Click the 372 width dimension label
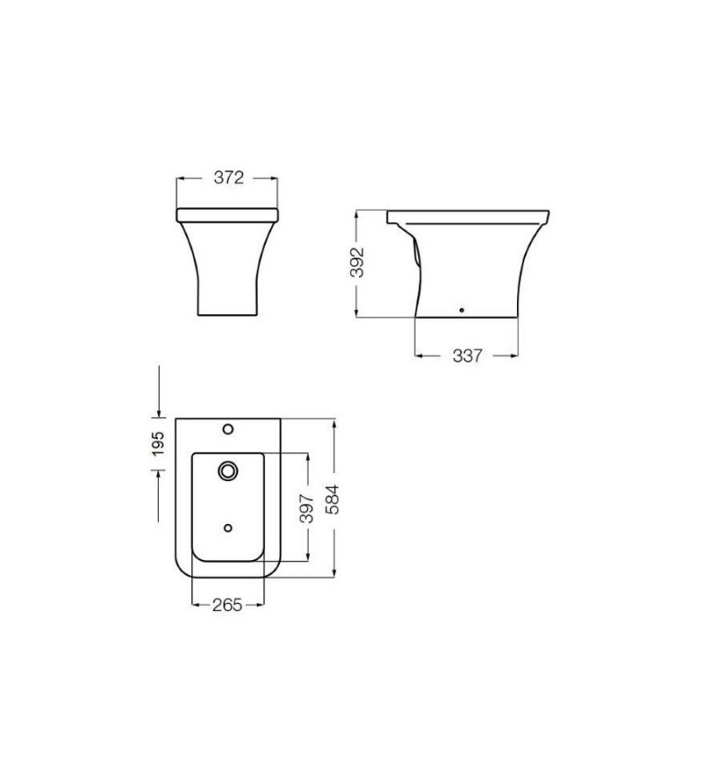pyautogui.click(x=229, y=178)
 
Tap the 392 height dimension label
pyautogui.click(x=357, y=263)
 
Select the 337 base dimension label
pyautogui.click(x=467, y=355)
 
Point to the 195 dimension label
pyautogui.click(x=158, y=444)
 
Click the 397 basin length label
pyautogui.click(x=306, y=509)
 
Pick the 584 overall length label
pyautogui.click(x=333, y=499)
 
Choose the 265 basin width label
pyautogui.click(x=227, y=605)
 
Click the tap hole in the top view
pyautogui.click(x=228, y=429)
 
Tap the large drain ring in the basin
pyautogui.click(x=228, y=471)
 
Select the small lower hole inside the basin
pyautogui.click(x=228, y=528)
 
